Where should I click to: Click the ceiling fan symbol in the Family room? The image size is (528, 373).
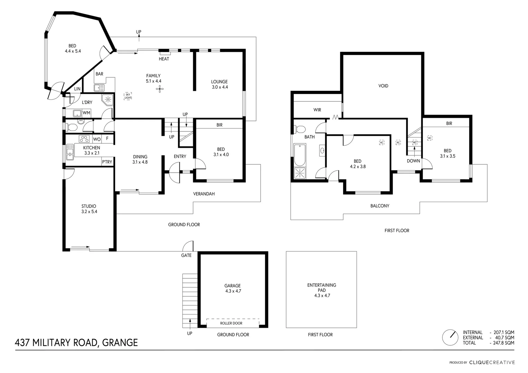(x=160, y=90)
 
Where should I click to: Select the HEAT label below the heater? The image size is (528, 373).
(x=164, y=59)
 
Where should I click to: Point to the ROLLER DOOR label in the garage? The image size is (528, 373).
(x=231, y=323)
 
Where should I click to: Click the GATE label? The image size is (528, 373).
(x=186, y=256)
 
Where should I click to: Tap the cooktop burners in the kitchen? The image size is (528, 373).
(x=84, y=139)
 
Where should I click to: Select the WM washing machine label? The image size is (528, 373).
(x=86, y=113)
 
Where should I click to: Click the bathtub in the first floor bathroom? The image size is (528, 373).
(x=299, y=155)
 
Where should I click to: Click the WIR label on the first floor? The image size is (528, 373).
(x=317, y=110)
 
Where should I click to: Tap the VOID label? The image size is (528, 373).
(x=383, y=86)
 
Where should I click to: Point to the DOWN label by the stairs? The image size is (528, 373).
(x=413, y=161)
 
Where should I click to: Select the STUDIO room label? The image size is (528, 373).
(x=89, y=206)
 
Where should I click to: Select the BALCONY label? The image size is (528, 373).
(x=380, y=206)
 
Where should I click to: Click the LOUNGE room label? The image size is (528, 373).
(x=219, y=82)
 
